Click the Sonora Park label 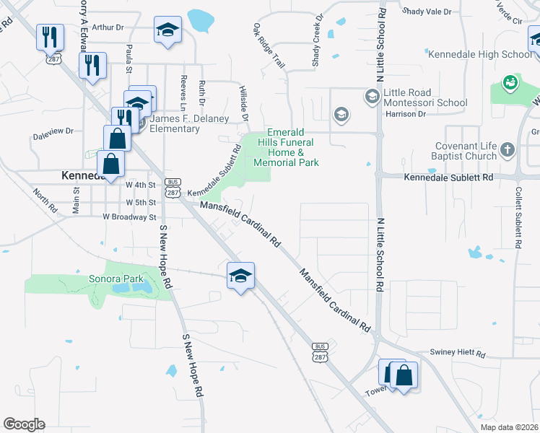[x=116, y=279]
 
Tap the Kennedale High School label [x=479, y=54]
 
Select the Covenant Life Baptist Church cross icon [x=508, y=150]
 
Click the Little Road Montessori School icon [x=372, y=96]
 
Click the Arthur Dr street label [x=108, y=27]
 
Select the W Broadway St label [x=129, y=216]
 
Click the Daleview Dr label [x=53, y=132]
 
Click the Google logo [x=24, y=424]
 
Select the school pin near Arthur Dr [x=167, y=30]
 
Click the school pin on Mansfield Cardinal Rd [x=240, y=276]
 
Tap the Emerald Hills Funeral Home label [x=285, y=147]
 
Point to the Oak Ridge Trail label [x=269, y=46]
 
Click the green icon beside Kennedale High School [x=510, y=84]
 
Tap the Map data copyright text [x=510, y=427]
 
